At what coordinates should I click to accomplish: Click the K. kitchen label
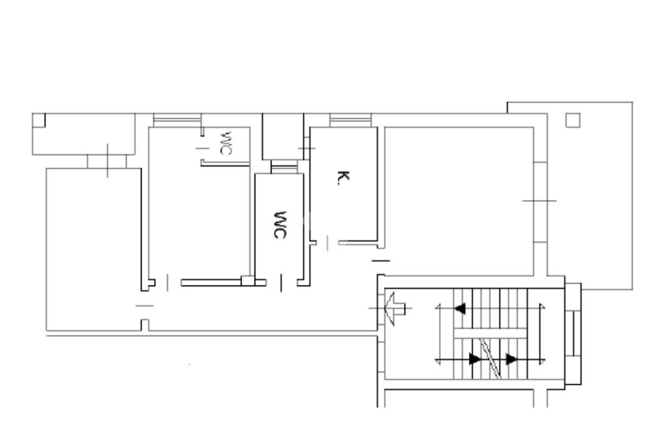344,178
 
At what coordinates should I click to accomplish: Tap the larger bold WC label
280,225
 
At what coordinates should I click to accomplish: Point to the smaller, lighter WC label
225,143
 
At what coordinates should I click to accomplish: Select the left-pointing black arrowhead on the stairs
460,308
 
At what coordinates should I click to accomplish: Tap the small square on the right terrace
573,120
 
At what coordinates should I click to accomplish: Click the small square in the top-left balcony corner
38,120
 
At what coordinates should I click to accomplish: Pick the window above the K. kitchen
350,120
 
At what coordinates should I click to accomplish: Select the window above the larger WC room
284,167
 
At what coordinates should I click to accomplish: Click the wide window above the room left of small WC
177,120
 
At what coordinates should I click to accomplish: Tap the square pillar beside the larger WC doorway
247,280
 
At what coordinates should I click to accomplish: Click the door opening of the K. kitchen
327,243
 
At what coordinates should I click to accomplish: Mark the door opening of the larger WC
281,283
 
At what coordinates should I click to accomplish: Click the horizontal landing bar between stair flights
490,333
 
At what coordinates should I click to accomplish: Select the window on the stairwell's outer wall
573,334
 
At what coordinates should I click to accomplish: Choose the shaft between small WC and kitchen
283,136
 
